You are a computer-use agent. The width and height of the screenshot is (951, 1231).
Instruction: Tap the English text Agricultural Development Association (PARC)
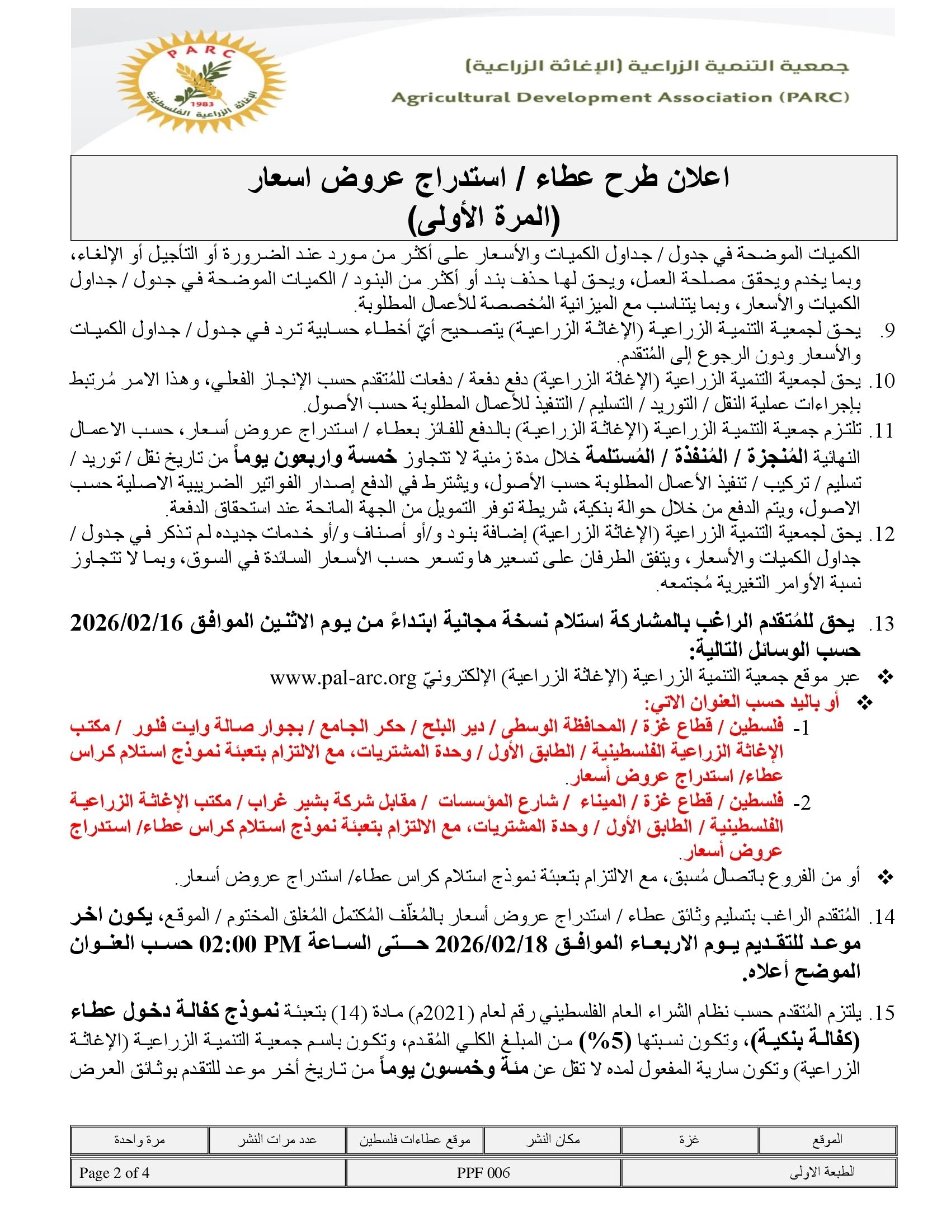[x=620, y=97]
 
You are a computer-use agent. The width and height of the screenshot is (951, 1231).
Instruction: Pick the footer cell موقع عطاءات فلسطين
[x=415, y=1139]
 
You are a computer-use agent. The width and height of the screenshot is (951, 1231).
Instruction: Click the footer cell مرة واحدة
[x=139, y=1139]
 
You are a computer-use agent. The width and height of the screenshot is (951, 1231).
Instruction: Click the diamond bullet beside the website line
[x=886, y=677]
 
